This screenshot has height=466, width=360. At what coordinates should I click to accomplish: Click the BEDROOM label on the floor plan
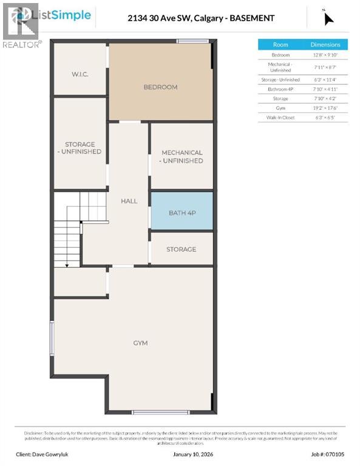(x=160, y=87)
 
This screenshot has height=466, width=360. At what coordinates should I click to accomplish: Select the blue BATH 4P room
(x=182, y=212)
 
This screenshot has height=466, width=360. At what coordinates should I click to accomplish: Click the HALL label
(x=129, y=201)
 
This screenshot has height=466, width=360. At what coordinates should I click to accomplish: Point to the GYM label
(x=140, y=343)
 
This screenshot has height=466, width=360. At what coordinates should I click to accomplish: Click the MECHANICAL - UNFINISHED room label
(x=182, y=157)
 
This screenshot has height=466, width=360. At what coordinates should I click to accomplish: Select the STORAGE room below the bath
(x=182, y=249)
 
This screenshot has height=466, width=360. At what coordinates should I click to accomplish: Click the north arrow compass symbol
(x=328, y=18)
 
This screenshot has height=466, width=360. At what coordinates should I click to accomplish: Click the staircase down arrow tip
(x=67, y=264)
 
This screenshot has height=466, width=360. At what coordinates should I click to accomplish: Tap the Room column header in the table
(x=280, y=44)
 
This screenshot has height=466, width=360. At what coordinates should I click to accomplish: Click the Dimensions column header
(x=325, y=44)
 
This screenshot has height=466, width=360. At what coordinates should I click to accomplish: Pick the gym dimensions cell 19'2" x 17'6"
(x=325, y=107)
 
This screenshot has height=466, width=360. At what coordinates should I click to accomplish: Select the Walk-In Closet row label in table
(x=280, y=117)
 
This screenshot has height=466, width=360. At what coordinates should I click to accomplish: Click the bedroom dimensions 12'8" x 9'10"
(x=325, y=55)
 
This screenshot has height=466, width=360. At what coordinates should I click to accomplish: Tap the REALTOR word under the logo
(x=21, y=44)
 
